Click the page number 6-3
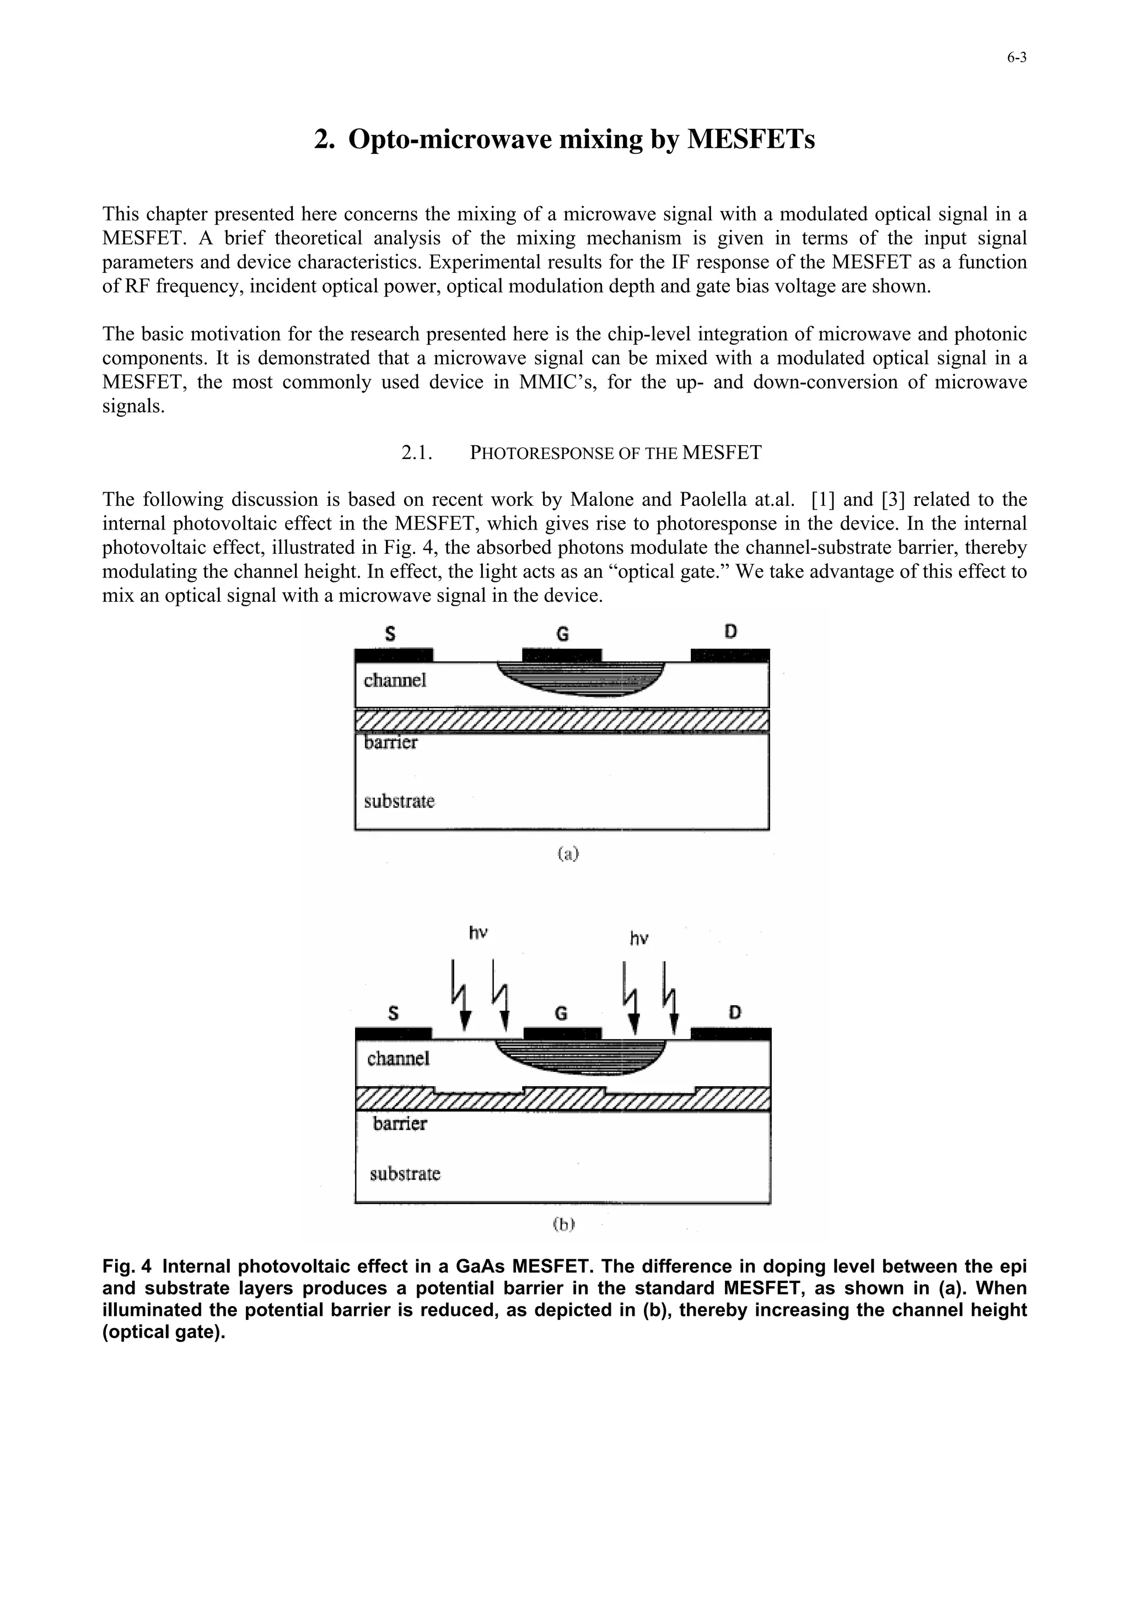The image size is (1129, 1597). (x=1017, y=58)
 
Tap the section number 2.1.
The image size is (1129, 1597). (x=417, y=453)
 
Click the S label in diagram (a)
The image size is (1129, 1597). (x=390, y=634)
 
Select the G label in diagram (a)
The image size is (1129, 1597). (x=562, y=634)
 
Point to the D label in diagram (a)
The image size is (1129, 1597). (x=730, y=632)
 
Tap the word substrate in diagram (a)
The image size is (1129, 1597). (x=399, y=801)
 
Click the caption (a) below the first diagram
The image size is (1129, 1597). (x=568, y=854)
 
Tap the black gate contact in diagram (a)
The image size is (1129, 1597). (x=561, y=655)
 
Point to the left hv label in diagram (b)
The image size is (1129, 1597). (x=478, y=933)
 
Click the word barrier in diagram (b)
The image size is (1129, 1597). (x=399, y=1123)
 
